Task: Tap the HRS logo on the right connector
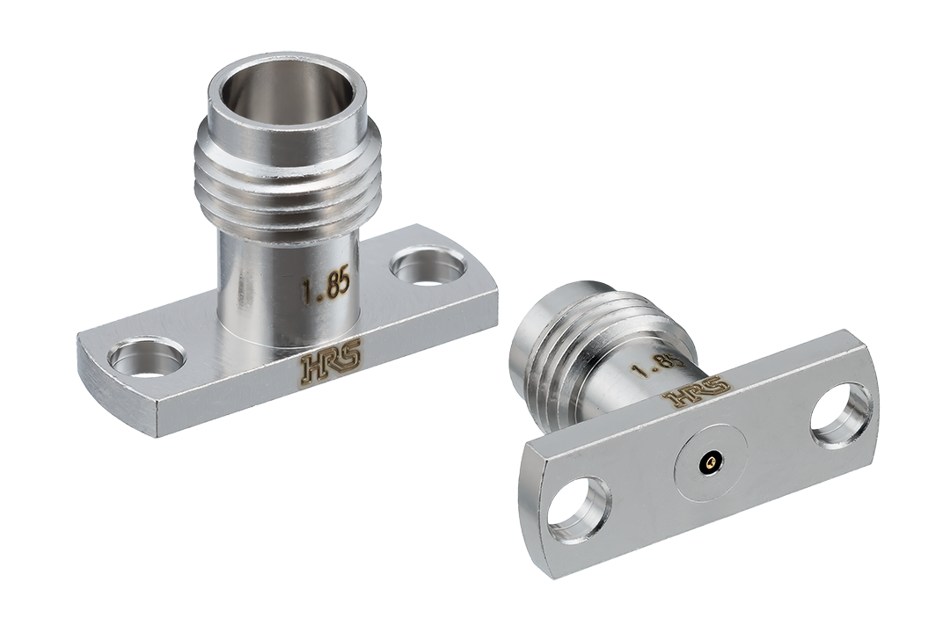pos(697,391)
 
